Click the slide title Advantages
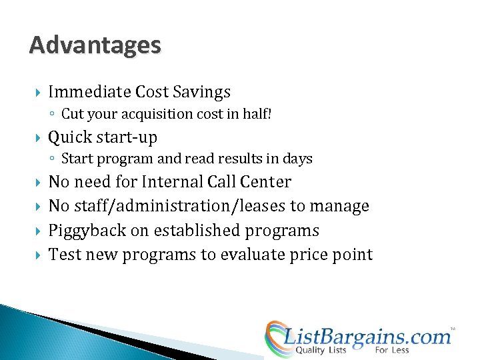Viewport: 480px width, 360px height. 95,45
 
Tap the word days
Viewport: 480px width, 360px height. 297,159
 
